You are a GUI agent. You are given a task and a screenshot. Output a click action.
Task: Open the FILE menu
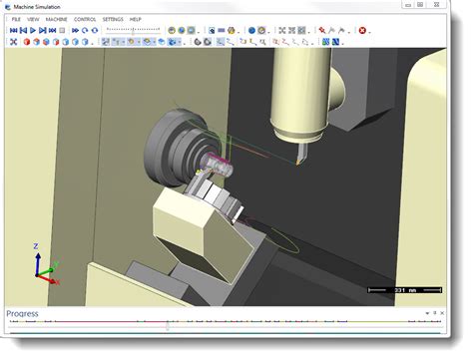click(16, 19)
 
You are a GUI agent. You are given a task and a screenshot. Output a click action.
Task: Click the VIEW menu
click(34, 19)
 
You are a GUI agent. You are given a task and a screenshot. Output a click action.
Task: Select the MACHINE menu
click(56, 19)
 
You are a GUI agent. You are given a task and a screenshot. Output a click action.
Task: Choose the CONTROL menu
click(85, 19)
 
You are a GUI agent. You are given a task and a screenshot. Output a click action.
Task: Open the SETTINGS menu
click(113, 19)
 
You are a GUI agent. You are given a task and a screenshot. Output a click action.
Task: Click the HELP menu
click(136, 19)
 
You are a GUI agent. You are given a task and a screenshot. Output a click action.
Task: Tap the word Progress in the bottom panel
click(22, 314)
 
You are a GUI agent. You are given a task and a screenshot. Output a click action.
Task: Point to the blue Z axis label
click(36, 245)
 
